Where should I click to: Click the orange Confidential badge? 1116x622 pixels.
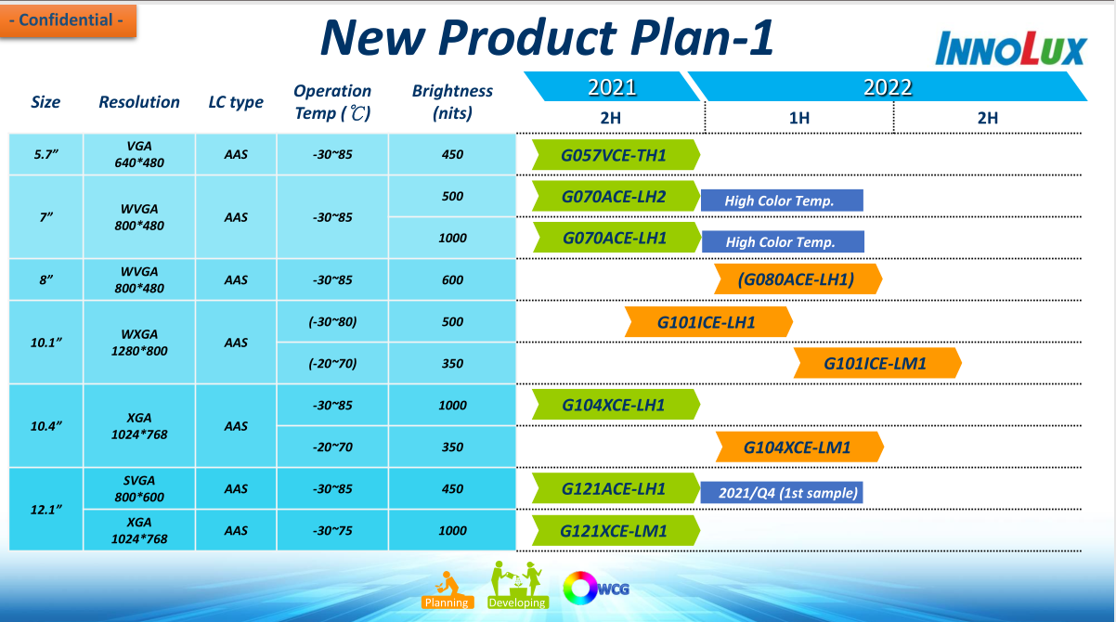pos(68,20)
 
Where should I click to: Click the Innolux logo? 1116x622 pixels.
pos(1011,48)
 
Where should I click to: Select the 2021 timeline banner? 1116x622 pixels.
pos(612,86)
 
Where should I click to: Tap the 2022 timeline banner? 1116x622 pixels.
pos(888,86)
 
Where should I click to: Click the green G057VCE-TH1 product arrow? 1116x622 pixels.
pos(616,155)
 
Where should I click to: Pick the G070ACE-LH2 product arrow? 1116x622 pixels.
pos(616,196)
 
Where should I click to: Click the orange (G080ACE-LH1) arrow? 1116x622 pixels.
pos(798,279)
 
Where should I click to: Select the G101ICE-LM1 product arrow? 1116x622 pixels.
pos(877,363)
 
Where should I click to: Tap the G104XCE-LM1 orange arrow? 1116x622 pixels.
pos(799,447)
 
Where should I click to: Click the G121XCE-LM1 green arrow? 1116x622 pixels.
pos(616,530)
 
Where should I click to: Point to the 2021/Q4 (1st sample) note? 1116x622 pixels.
pos(782,493)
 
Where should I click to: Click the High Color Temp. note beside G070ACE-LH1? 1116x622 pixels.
pos(783,241)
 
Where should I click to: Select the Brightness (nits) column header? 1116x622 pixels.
pos(452,101)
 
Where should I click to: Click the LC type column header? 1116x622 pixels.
pos(236,102)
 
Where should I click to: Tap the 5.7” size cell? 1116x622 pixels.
pos(45,154)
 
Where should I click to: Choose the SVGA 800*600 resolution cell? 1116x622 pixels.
pos(139,488)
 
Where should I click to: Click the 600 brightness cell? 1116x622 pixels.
pos(452,279)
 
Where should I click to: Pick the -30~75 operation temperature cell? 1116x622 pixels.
pos(332,530)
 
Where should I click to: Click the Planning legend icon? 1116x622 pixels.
pos(447,590)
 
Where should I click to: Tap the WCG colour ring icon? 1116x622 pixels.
pos(580,589)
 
